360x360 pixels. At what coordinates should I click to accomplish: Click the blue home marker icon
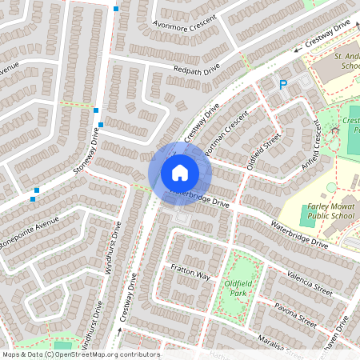180,172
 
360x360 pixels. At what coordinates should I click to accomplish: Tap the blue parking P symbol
282,85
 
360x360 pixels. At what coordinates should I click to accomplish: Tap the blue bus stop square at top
116,9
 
